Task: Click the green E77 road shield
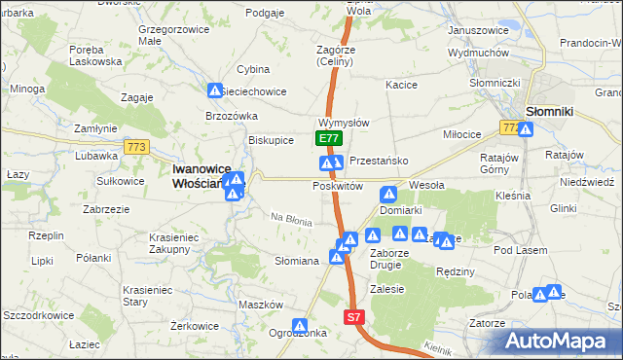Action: click(x=329, y=139)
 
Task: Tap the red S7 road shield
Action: click(x=355, y=317)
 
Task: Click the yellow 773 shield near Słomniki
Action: click(x=510, y=127)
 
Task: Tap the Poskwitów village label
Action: click(x=337, y=186)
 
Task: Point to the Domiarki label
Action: click(x=400, y=209)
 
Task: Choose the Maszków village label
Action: click(x=260, y=305)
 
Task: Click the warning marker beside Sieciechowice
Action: click(x=215, y=90)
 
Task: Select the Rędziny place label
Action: click(x=454, y=271)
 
